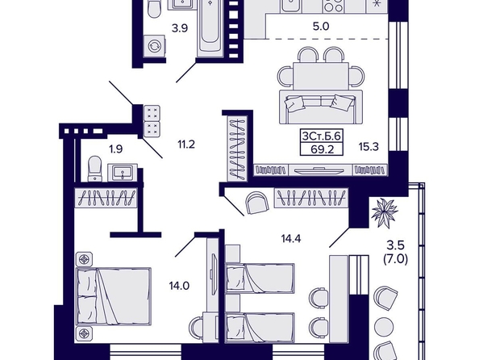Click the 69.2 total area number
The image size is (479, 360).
click(x=322, y=149)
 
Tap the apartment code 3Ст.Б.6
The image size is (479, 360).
click(x=322, y=136)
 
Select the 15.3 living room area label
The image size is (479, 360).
click(x=369, y=147)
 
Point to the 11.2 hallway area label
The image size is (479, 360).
click(x=186, y=144)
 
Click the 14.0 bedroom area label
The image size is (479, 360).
click(x=179, y=286)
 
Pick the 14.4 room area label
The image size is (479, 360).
click(x=291, y=239)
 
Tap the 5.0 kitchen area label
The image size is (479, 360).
click(x=321, y=27)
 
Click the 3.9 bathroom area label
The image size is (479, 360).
click(x=179, y=28)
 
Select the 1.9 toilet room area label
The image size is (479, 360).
click(x=116, y=149)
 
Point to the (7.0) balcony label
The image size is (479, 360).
click(x=396, y=259)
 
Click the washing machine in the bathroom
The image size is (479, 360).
click(x=154, y=46)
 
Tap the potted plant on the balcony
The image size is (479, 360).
click(x=385, y=212)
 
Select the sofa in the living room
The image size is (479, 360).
click(x=321, y=107)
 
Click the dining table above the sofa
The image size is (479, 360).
click(x=321, y=76)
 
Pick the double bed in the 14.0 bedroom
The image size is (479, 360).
click(x=114, y=296)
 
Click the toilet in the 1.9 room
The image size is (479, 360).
click(x=94, y=169)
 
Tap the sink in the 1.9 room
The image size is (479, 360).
click(x=123, y=172)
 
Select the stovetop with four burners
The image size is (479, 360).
click(x=333, y=6)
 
